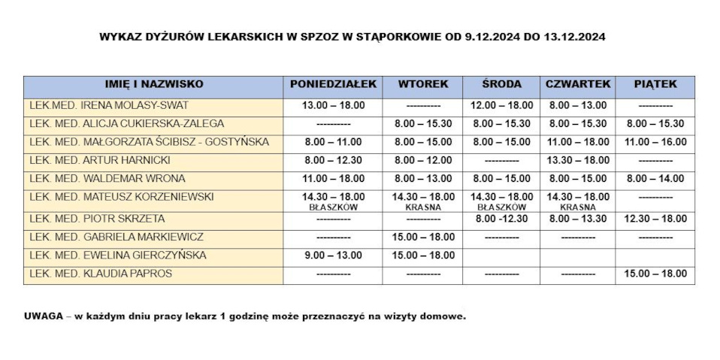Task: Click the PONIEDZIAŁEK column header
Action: pos(333,84)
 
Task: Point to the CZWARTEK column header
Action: pos(578,84)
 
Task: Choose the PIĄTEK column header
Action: pos(655,84)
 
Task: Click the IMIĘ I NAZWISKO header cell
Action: pos(153,84)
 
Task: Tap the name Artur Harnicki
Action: pos(100,160)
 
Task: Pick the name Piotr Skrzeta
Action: pos(97,219)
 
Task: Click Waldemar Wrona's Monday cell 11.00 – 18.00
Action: pos(333,179)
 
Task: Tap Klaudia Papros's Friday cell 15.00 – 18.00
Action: pos(655,274)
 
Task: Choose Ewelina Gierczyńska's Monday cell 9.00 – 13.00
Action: pos(333,256)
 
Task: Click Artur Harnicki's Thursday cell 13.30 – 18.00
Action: pos(578,160)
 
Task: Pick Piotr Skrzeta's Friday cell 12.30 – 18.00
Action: pos(655,219)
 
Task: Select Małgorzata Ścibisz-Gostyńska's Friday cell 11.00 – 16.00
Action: pos(655,142)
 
